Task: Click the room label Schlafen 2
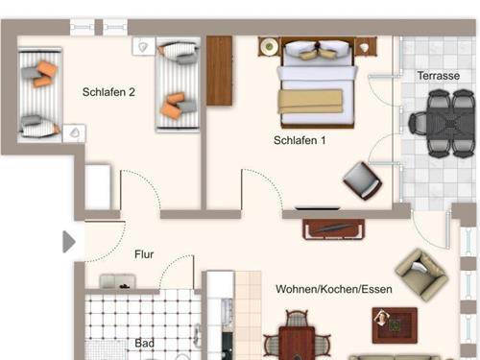tap(108, 92)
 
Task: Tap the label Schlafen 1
tap(300, 140)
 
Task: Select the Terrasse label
tap(439, 76)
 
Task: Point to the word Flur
tap(144, 254)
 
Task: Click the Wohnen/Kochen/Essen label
tap(334, 289)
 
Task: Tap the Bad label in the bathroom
tap(144, 343)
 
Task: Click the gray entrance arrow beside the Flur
tap(69, 242)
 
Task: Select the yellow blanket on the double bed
tap(310, 102)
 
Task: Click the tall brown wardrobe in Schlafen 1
tap(219, 70)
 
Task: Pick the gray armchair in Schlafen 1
tap(362, 180)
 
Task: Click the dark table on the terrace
tap(450, 123)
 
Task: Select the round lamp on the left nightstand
tap(269, 47)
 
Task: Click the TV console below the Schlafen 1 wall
tap(333, 229)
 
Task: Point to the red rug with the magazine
tap(395, 324)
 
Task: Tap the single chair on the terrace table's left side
tap(418, 123)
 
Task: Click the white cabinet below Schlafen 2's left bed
tap(98, 187)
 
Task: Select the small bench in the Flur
tap(117, 281)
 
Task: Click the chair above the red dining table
tap(297, 319)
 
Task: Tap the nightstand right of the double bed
tap(366, 47)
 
